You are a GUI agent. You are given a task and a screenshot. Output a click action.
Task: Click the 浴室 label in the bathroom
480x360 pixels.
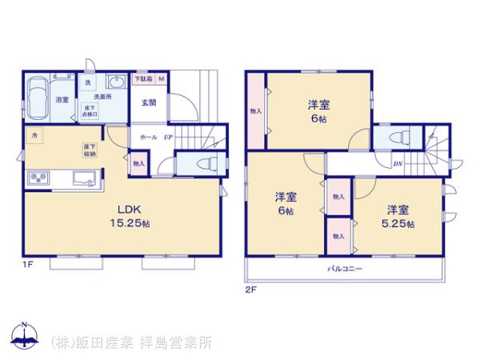pos(62,100)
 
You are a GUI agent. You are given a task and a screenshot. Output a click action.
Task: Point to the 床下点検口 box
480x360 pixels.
pos(89,110)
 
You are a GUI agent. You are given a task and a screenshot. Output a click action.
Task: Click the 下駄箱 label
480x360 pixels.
pos(142,78)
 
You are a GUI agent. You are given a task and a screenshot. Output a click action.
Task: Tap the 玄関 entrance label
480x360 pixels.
pos(149,102)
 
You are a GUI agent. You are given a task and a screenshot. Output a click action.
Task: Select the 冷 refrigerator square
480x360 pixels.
pos(35,137)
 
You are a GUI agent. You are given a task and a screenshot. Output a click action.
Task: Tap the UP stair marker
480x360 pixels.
pos(168,138)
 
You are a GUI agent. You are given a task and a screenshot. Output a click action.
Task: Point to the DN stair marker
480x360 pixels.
pos(398,165)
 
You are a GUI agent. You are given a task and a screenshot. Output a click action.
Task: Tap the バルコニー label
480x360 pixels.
pos(346,269)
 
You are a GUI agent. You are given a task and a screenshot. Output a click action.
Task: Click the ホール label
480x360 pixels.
pos(148,138)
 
